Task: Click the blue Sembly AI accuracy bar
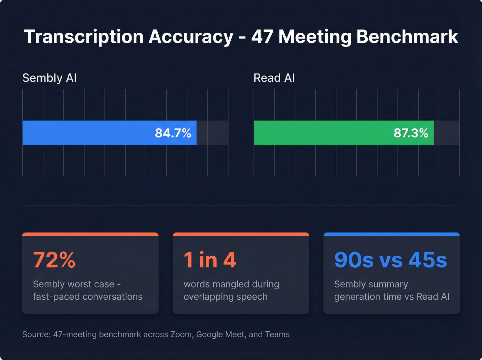[86, 133]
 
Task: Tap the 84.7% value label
[173, 133]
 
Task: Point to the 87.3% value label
[411, 133]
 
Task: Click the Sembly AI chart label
[49, 78]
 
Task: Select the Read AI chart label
[274, 78]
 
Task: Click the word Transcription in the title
[84, 37]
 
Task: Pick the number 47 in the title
[262, 37]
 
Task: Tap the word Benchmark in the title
[407, 37]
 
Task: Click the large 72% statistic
[54, 260]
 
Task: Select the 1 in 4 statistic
[210, 260]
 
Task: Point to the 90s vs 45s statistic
[390, 260]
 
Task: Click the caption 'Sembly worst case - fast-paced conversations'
[87, 290]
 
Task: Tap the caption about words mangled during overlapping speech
[231, 290]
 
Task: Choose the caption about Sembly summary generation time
[391, 290]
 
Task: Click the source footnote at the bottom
[156, 335]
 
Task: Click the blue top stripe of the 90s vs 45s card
[391, 234]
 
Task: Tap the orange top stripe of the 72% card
[90, 234]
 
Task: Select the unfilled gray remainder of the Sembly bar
[212, 133]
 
